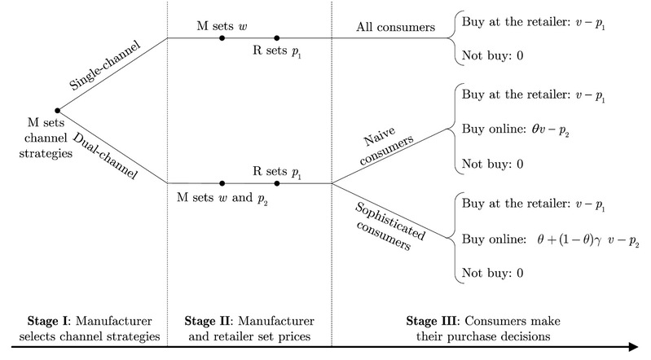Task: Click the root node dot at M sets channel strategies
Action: [x=56, y=110]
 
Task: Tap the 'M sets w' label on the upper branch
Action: [x=222, y=24]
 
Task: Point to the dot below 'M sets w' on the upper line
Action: [x=222, y=37]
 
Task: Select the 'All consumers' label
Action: [x=395, y=26]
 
